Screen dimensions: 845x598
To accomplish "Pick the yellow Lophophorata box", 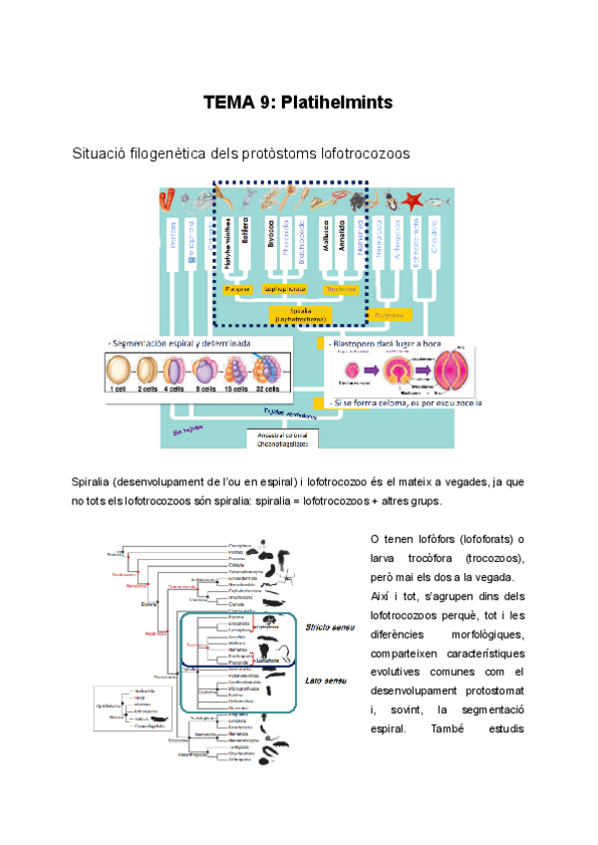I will [283, 289].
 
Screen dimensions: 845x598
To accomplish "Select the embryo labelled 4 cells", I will [176, 372].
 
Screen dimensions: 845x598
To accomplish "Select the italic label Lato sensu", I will [319, 681].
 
